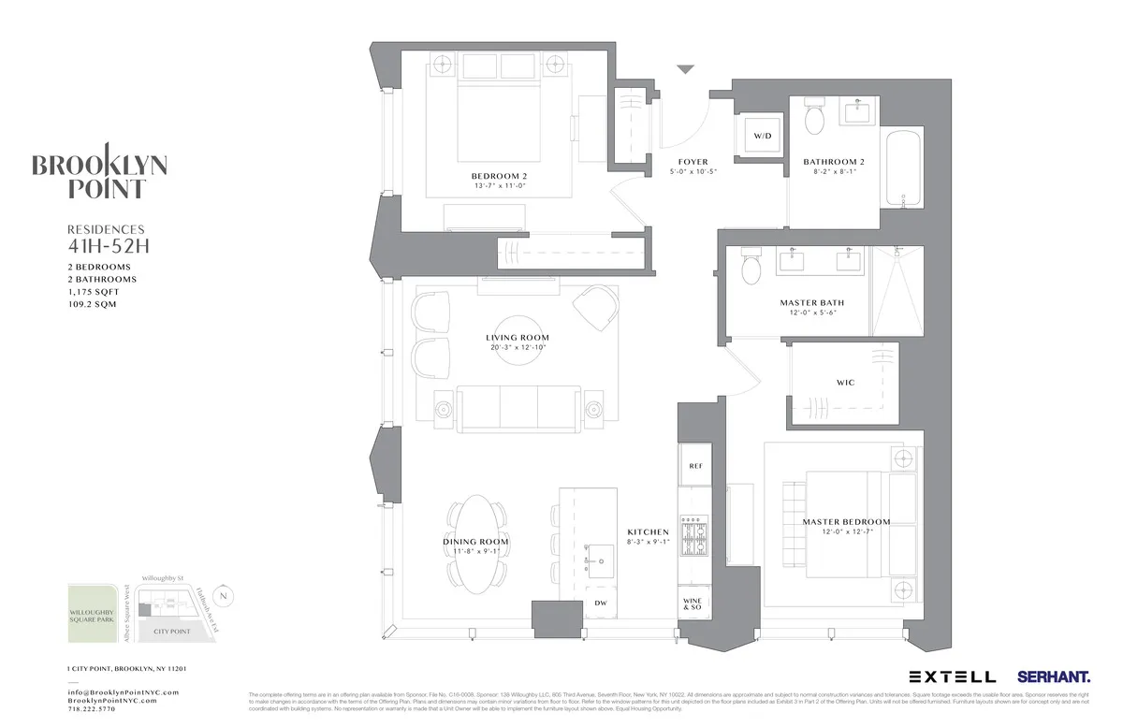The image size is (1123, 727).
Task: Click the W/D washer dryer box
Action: pyautogui.click(x=762, y=137)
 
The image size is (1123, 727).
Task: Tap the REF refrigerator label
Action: pyautogui.click(x=695, y=466)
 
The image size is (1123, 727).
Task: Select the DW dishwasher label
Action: pyautogui.click(x=600, y=603)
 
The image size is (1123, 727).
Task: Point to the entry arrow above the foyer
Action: pyautogui.click(x=686, y=69)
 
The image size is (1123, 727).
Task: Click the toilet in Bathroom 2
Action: pyautogui.click(x=813, y=117)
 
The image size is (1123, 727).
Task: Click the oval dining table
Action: pyautogui.click(x=475, y=542)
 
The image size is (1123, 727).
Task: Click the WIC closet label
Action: pyautogui.click(x=844, y=383)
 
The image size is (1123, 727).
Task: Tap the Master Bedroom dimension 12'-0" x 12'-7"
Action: pyautogui.click(x=846, y=533)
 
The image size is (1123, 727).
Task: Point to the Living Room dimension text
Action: pyautogui.click(x=517, y=348)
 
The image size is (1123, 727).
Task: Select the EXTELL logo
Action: pyautogui.click(x=951, y=676)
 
